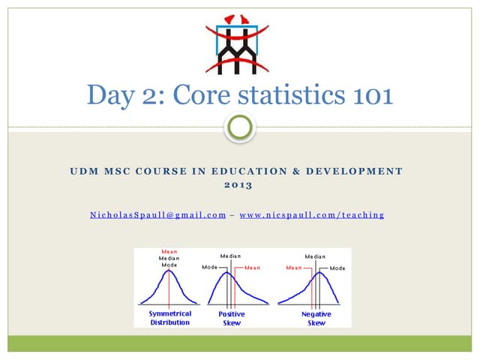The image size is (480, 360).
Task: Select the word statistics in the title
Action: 294,95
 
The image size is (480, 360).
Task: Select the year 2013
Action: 239,185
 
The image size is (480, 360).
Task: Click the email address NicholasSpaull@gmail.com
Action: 158,215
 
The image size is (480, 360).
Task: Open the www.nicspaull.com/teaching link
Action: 311,215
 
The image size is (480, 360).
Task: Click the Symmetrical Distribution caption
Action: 170,317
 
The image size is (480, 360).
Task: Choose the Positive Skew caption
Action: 232,317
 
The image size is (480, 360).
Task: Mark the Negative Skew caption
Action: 316,317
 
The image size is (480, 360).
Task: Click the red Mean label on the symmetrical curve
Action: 169,251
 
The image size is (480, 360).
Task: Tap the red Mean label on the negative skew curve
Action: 294,267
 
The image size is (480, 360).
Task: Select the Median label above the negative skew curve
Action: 315,256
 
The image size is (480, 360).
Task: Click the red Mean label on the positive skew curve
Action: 253,267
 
